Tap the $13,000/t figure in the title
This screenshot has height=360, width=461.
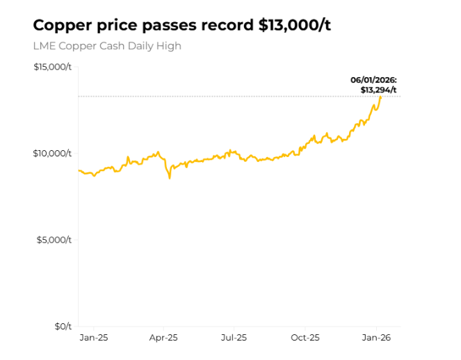294,26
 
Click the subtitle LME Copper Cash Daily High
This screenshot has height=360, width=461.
107,47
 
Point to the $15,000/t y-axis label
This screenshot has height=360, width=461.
52,67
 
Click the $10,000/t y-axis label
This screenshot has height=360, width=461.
52,153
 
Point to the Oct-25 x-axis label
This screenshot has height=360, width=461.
305,338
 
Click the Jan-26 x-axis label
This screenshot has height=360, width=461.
376,338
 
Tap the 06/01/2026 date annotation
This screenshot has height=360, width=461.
373,80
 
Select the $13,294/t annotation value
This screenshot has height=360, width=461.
378,90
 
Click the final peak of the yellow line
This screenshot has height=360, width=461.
380,97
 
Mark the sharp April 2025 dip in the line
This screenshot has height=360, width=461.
169,177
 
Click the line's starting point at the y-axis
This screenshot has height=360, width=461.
79,170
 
